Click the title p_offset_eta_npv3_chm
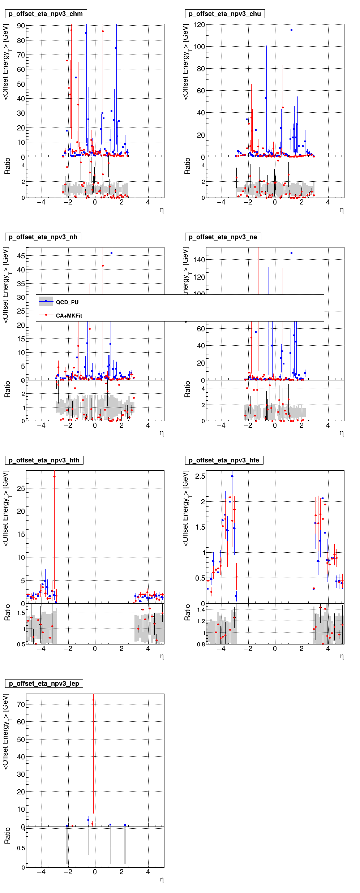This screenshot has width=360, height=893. point(46,14)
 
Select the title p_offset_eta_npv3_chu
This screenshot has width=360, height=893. point(224,14)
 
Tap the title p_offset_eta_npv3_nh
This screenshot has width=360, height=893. point(43,237)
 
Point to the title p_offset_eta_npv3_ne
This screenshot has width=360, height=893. point(223,237)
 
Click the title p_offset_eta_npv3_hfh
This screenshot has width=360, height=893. point(44,461)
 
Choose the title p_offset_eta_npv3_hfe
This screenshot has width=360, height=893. point(224,461)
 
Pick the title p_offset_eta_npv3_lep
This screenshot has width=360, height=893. point(44,684)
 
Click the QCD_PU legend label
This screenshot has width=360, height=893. point(67,302)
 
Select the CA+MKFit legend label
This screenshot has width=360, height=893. point(69,316)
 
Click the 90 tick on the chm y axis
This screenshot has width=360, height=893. point(21,26)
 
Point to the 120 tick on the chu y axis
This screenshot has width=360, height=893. point(199,25)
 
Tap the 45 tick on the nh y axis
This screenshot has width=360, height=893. point(21,256)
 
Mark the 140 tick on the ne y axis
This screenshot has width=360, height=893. point(199,260)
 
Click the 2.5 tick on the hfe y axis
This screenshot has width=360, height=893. point(200,476)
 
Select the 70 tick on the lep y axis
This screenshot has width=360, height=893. point(21,704)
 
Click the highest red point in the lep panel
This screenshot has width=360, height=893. point(93,700)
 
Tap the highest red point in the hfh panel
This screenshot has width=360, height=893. point(55,477)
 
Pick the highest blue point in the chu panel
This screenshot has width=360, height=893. point(291,30)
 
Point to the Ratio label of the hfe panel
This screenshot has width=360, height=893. point(187,613)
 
